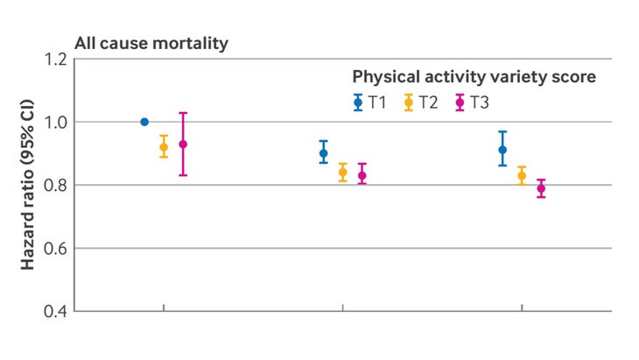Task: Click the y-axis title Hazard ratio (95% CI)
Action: coord(28,186)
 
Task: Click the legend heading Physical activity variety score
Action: coord(474,77)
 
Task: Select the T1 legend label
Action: coord(377,102)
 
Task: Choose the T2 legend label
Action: coord(428,102)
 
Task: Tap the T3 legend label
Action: coord(479,102)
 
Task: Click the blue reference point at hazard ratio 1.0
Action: coord(144,122)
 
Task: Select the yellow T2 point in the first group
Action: coord(164,147)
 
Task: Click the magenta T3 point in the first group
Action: coord(183,145)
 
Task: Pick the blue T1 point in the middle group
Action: coord(324,153)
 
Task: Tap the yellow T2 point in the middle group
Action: coord(343,173)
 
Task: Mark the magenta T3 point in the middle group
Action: coord(362,175)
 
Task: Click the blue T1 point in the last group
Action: coord(502,150)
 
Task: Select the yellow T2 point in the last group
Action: coord(522,176)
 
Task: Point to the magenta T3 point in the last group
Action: coord(541,188)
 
